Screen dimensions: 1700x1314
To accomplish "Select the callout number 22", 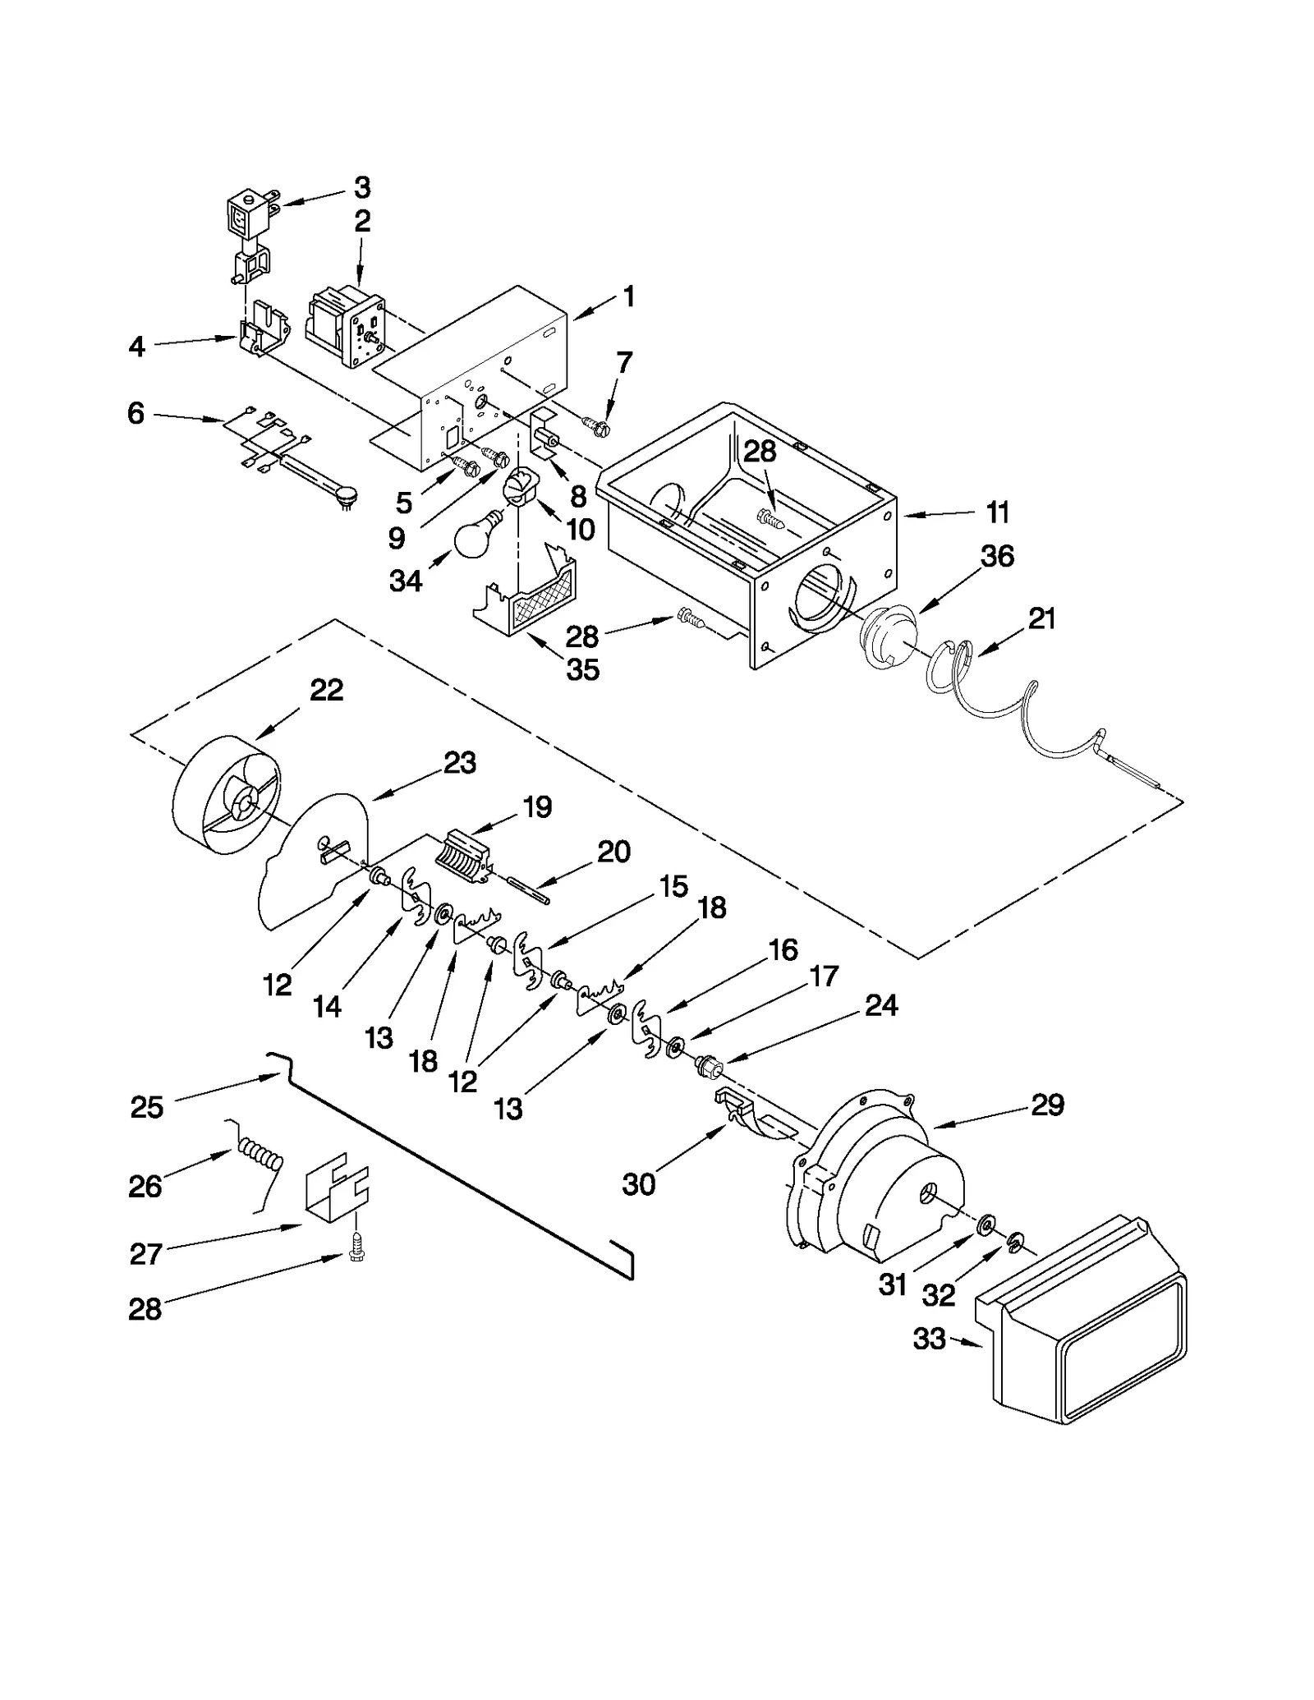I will tap(326, 690).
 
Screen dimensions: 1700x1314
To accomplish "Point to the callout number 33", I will tap(930, 1339).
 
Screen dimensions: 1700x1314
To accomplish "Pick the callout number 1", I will tap(628, 296).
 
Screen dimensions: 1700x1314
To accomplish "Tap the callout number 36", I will tap(997, 556).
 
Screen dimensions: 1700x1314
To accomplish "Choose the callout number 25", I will tap(148, 1107).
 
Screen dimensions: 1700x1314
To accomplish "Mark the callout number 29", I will tap(1047, 1105).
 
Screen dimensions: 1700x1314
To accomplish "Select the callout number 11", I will tap(997, 512).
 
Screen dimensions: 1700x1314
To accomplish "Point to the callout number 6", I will tap(136, 413).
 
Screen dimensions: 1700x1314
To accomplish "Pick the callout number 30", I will tap(638, 1183).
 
